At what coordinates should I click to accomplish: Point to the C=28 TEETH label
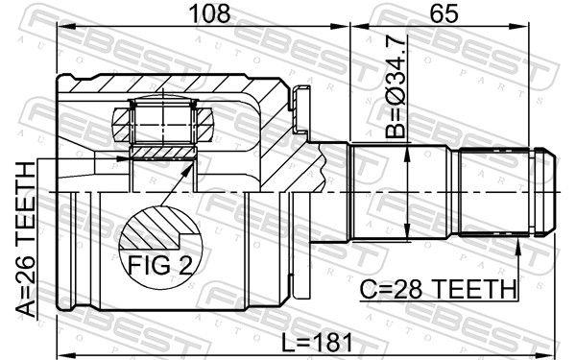(437, 287)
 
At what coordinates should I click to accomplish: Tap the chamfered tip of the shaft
(547, 193)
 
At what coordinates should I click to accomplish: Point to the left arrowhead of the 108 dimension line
(63, 28)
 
